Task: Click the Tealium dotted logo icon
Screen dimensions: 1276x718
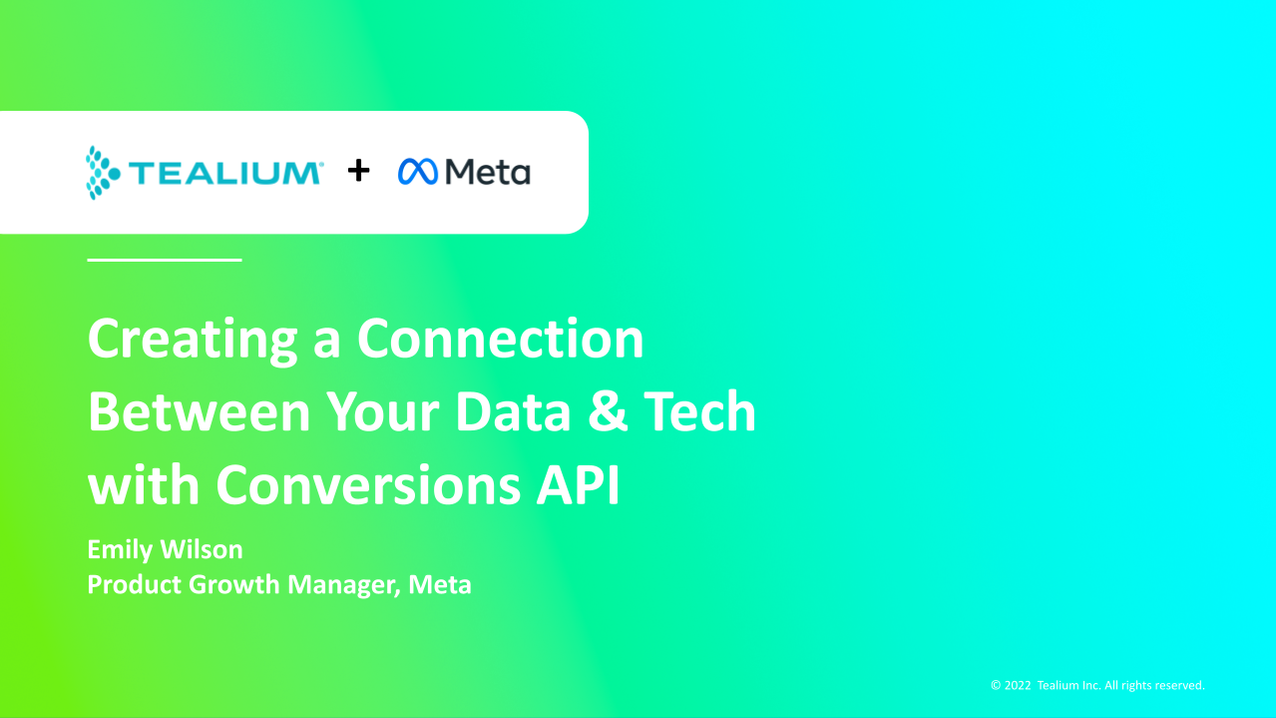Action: pyautogui.click(x=103, y=173)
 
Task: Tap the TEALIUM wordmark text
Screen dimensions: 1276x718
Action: pyautogui.click(x=226, y=173)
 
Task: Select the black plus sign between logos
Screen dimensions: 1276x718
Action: pyautogui.click(x=359, y=171)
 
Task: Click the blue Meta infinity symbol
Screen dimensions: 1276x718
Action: pyautogui.click(x=418, y=172)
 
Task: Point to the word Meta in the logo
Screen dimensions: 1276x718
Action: pyautogui.click(x=488, y=172)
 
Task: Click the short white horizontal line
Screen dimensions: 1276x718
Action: pyautogui.click(x=165, y=260)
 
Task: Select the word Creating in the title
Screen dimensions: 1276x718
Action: pyautogui.click(x=193, y=341)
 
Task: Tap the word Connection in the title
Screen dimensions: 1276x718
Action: pyautogui.click(x=501, y=339)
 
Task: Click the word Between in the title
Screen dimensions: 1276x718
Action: pyautogui.click(x=200, y=411)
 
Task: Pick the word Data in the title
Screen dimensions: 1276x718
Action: pyautogui.click(x=513, y=411)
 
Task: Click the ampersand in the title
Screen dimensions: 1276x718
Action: pyautogui.click(x=608, y=411)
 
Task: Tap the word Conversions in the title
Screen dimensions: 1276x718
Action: pyautogui.click(x=368, y=484)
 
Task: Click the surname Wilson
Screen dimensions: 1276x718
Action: pyautogui.click(x=202, y=549)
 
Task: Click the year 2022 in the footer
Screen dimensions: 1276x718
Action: pyautogui.click(x=1018, y=685)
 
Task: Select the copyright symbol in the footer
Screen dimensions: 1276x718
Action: pyautogui.click(x=996, y=685)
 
